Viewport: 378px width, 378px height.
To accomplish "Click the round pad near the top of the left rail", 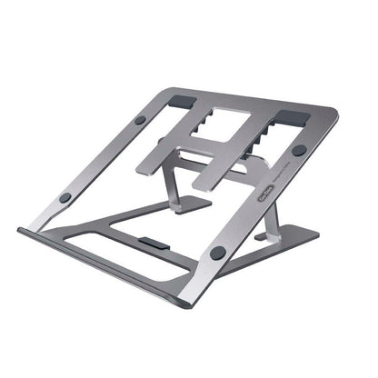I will (140, 119).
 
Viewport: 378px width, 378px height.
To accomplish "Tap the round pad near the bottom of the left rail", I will (65, 197).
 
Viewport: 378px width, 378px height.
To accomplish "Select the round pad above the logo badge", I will (298, 150).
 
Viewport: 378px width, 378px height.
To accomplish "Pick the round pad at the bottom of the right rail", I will (218, 253).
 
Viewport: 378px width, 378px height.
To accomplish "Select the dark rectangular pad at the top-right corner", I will (293, 117).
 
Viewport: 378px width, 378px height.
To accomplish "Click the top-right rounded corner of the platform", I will (332, 115).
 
